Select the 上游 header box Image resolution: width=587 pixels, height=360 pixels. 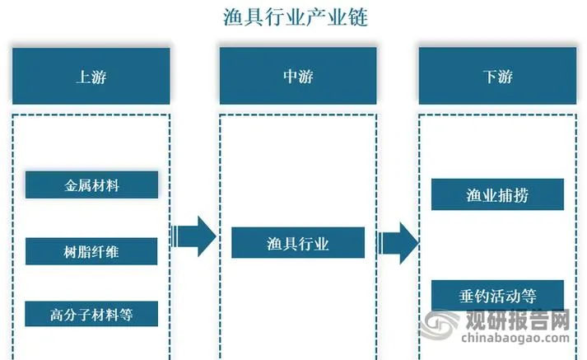(91, 76)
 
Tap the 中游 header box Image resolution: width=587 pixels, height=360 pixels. (297, 76)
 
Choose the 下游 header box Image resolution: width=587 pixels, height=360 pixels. (497, 76)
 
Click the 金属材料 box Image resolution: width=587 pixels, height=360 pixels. (91, 185)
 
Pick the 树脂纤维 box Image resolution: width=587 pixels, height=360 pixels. (91, 251)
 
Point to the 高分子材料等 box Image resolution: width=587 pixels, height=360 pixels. (91, 314)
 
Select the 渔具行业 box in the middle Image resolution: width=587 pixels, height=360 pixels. (297, 243)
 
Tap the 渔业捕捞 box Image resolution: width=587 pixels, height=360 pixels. (497, 194)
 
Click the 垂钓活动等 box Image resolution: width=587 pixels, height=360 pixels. (497, 294)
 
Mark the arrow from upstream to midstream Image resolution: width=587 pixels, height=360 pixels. (193, 237)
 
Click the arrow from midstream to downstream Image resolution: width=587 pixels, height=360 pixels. (398, 243)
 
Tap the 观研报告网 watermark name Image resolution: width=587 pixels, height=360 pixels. (519, 319)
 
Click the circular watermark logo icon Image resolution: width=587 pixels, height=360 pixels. (440, 327)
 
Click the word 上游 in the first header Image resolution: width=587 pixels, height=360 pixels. (91, 77)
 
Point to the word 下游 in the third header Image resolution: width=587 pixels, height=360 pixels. (497, 77)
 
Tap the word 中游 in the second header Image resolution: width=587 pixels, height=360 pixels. (297, 77)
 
